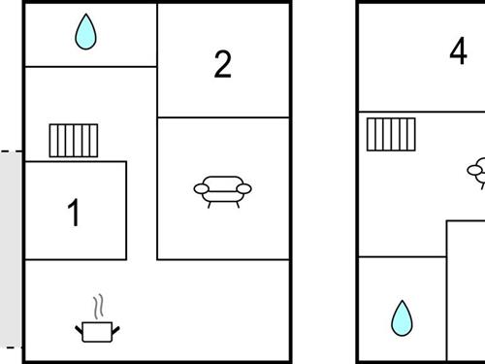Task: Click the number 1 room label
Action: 74,213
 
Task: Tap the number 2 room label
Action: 223,64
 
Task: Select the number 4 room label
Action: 459,50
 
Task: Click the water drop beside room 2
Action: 85,32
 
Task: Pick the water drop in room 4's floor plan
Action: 402,318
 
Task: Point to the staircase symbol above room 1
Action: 74,141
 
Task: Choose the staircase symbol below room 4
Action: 391,134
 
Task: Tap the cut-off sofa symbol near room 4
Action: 476,173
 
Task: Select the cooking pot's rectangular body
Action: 97,332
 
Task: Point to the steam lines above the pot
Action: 98,306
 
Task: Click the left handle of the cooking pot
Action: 79,330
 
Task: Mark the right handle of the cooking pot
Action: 115,330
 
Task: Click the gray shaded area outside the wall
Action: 11,249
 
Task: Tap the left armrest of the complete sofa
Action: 201,188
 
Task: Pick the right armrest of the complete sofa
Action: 244,188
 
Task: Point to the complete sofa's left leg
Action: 210,205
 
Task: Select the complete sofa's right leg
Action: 238,205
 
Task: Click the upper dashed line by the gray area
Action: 12,151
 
